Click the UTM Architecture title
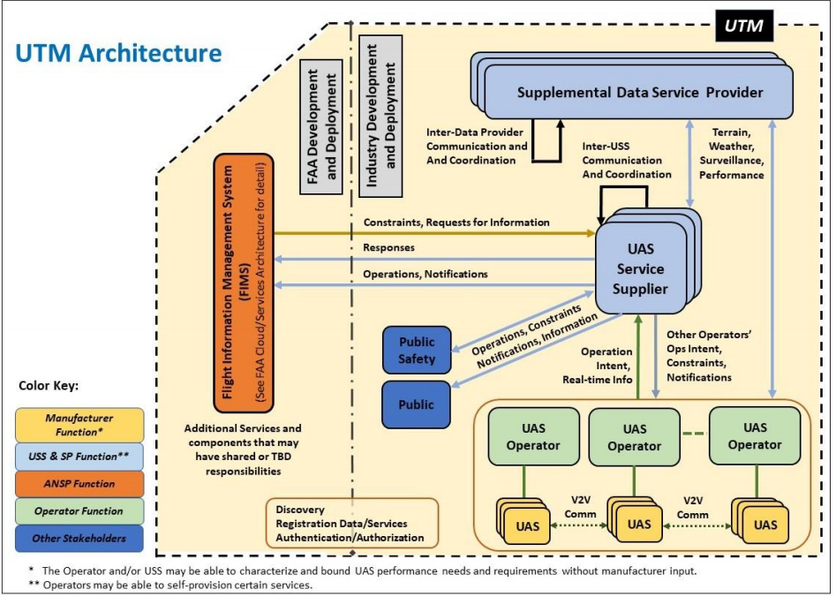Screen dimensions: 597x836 coord(118,53)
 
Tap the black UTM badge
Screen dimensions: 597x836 coord(744,27)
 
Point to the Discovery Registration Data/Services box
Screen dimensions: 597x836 coord(351,524)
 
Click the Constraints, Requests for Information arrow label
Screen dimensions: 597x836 coord(456,223)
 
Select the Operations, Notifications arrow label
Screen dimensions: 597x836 coord(425,274)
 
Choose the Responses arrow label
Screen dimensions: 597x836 coord(388,248)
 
